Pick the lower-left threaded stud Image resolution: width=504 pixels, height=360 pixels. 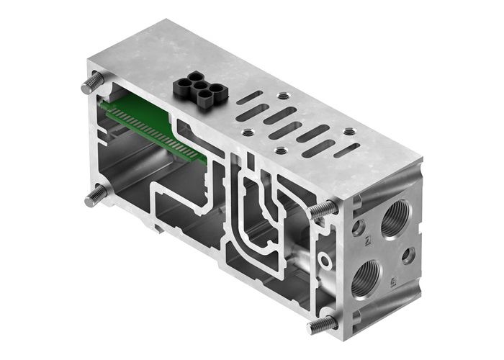pyautogui.click(x=95, y=195)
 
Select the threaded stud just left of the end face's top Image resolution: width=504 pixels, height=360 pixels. pyautogui.click(x=324, y=210)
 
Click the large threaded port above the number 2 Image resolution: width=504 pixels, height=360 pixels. pyautogui.click(x=394, y=218)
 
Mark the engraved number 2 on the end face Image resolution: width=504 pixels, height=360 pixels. pyautogui.click(x=368, y=240)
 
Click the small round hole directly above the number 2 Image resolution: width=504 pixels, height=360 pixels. pyautogui.click(x=358, y=228)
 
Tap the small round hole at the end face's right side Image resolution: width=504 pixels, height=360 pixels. pyautogui.click(x=408, y=256)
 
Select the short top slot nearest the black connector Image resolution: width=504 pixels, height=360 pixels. pyautogui.click(x=249, y=97)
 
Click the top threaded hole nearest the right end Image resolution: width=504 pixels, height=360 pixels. pyautogui.click(x=350, y=132)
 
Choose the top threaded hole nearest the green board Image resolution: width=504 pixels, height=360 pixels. pyautogui.click(x=248, y=132)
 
